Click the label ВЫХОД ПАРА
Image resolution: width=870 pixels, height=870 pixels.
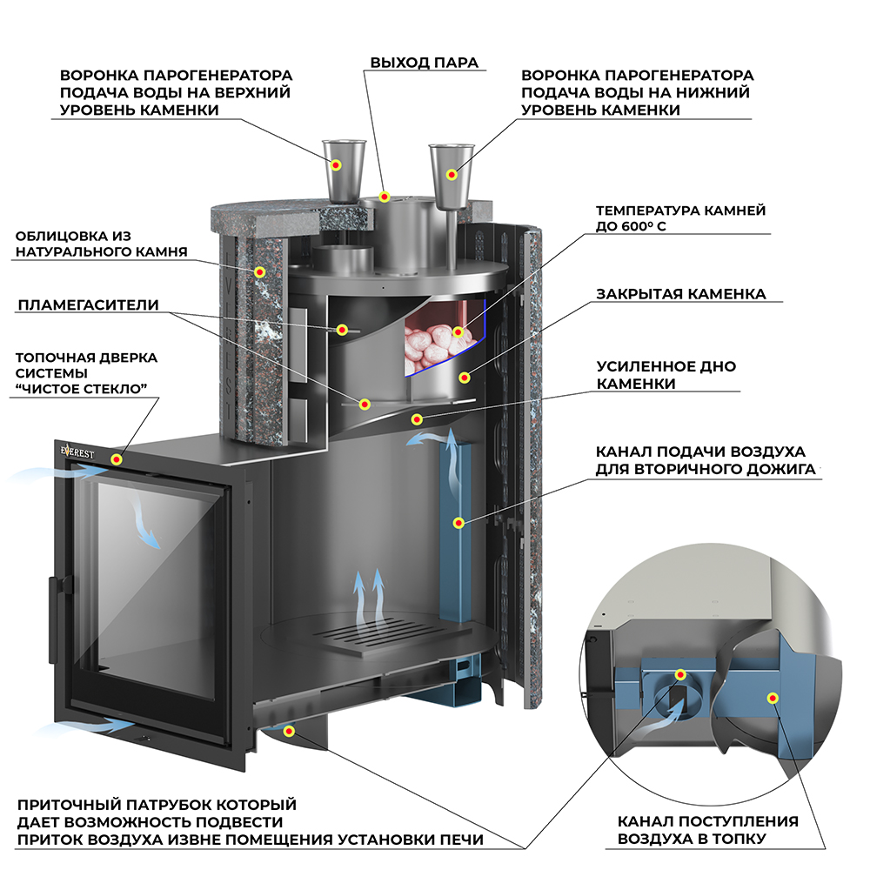point(424,63)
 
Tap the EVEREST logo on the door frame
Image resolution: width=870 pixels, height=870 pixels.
point(77,452)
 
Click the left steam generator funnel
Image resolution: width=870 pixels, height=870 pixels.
point(344,171)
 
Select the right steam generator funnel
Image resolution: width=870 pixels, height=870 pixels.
point(451,177)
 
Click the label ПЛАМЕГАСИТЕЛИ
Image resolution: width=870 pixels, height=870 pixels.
point(88,304)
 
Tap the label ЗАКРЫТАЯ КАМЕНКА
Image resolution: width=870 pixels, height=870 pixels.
point(681,293)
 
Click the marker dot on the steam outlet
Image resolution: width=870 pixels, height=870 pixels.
point(384,197)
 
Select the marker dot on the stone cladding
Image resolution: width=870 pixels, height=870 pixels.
point(259,271)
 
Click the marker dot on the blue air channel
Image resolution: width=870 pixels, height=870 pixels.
point(458,523)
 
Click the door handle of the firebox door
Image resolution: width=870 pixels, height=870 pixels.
point(54,619)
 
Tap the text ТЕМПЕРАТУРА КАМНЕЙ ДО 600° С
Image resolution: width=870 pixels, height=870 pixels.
point(681,218)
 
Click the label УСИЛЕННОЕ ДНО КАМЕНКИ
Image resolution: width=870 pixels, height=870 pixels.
point(666,374)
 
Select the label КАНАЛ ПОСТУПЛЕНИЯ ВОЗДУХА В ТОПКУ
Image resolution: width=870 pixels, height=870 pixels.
point(708,829)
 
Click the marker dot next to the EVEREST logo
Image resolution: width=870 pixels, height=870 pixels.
point(117,459)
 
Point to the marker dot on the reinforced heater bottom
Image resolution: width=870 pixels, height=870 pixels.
point(417,419)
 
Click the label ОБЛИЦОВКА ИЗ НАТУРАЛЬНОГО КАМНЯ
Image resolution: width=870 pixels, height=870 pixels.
point(102,244)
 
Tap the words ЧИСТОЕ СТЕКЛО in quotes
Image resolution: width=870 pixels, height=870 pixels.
point(81,388)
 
